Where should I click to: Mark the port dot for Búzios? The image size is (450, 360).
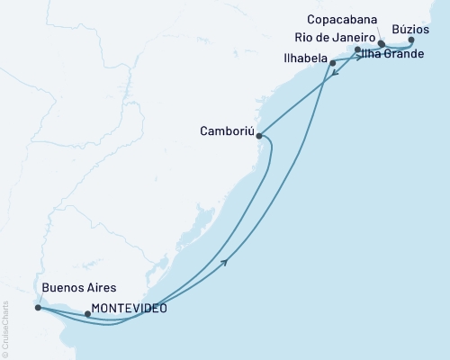pos(411,40)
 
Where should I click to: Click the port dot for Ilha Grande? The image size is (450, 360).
pos(358,50)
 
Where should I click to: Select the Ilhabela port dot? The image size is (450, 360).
pos(333,63)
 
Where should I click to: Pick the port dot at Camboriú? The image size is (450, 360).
pos(259,136)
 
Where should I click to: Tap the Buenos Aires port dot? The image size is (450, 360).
pos(37,308)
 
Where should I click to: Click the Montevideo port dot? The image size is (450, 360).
pos(87,314)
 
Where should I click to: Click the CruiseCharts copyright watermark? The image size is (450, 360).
pos(6,324)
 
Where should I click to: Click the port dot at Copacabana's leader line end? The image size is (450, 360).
pos(382,43)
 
